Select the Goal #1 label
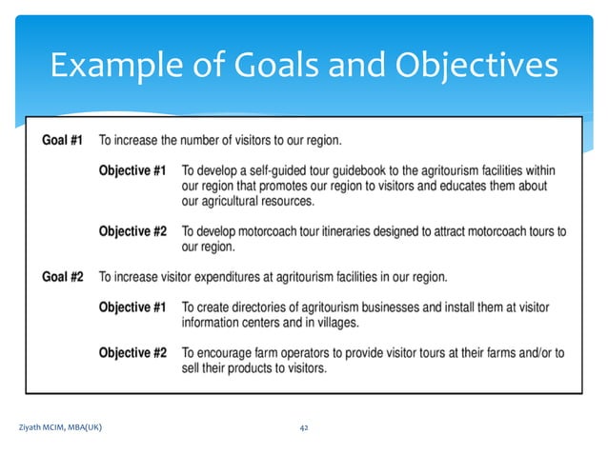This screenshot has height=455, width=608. (62, 141)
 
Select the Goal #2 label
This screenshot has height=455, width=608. (62, 277)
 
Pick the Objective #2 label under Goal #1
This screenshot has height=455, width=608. (133, 231)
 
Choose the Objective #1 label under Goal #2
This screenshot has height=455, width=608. (133, 307)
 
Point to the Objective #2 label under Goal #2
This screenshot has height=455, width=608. (133, 353)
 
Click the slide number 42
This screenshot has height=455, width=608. (304, 428)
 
